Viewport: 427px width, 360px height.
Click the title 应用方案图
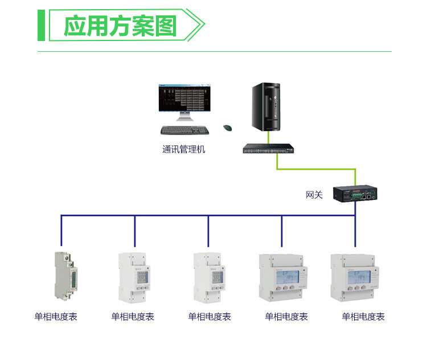(x=120, y=26)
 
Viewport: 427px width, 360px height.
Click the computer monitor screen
(x=184, y=99)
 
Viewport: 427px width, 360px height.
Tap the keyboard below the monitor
(x=184, y=130)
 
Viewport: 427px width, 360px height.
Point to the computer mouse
(x=228, y=128)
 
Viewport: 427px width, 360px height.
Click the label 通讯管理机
(x=183, y=150)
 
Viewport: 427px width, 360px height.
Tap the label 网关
(x=314, y=195)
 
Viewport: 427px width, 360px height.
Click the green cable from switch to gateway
(x=317, y=169)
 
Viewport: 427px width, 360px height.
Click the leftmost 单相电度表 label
(x=56, y=317)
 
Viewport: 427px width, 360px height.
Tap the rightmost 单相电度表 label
(x=363, y=317)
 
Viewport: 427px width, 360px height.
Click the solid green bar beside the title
(x=41, y=26)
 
